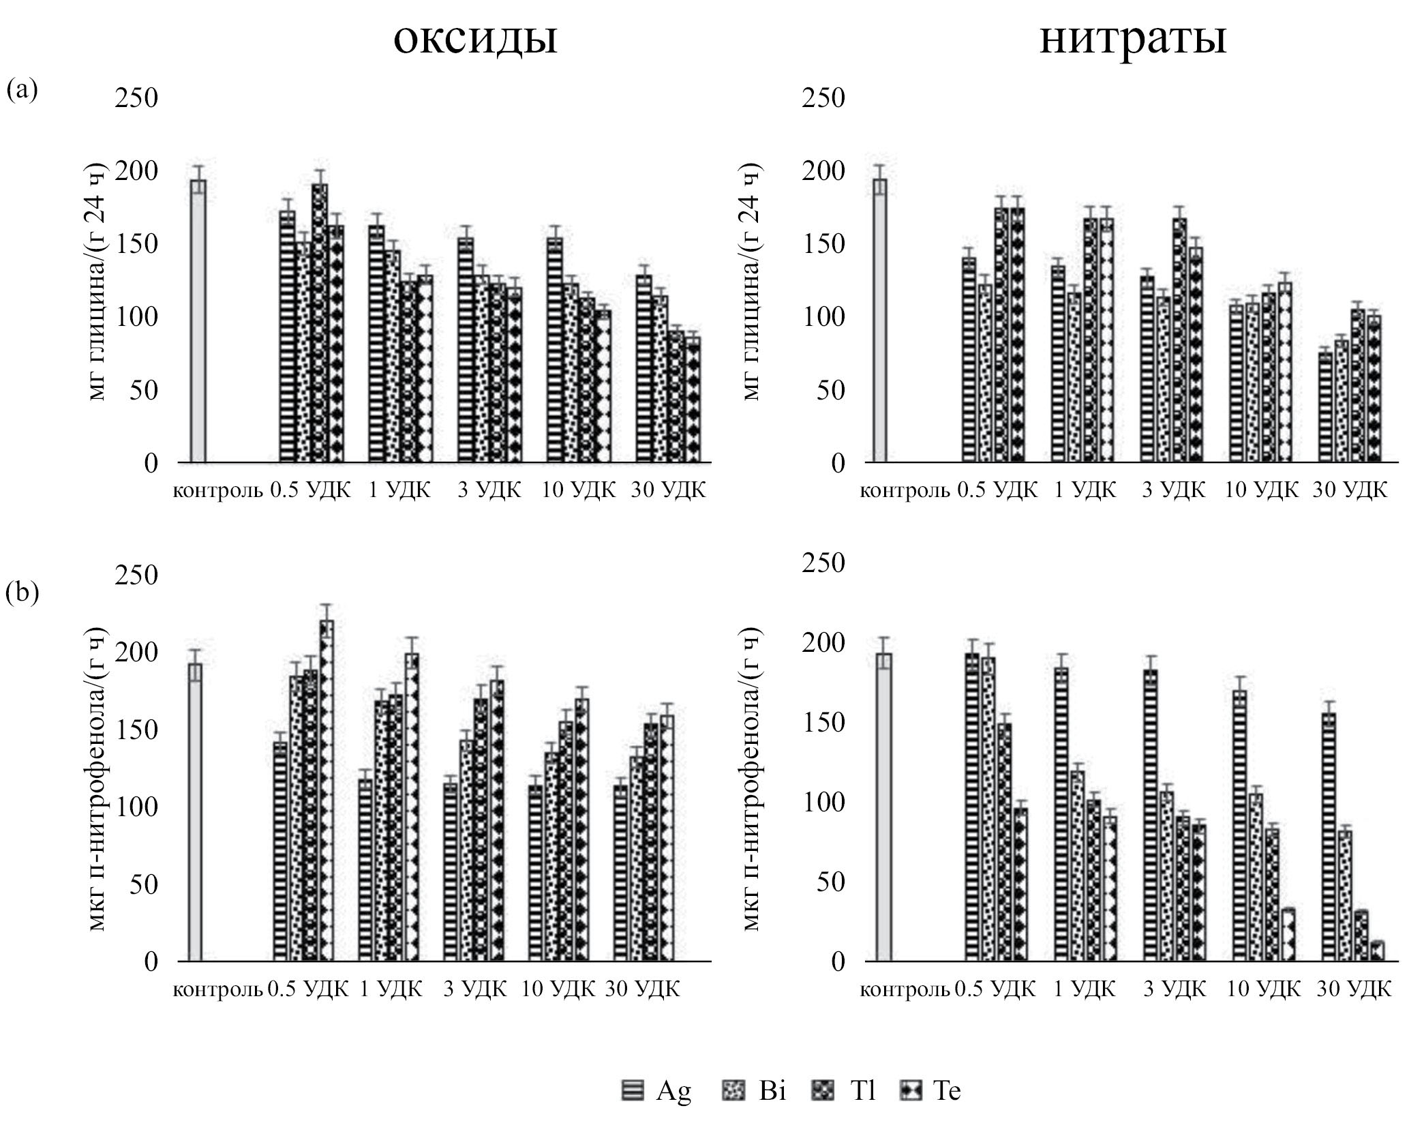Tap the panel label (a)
coord(22,89)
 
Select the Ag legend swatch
coord(633,1090)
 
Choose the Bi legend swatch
coord(733,1090)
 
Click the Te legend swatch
coord(911,1090)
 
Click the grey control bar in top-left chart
coord(198,320)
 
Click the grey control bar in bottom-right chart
coord(884,807)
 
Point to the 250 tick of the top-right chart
coord(823,98)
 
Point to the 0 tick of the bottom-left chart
coord(151,962)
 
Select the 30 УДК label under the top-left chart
coord(668,490)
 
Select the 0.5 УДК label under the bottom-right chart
coord(995,989)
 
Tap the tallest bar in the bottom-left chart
coord(327,791)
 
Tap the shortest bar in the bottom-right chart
coord(1378,952)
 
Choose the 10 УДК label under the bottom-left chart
coord(558,989)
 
